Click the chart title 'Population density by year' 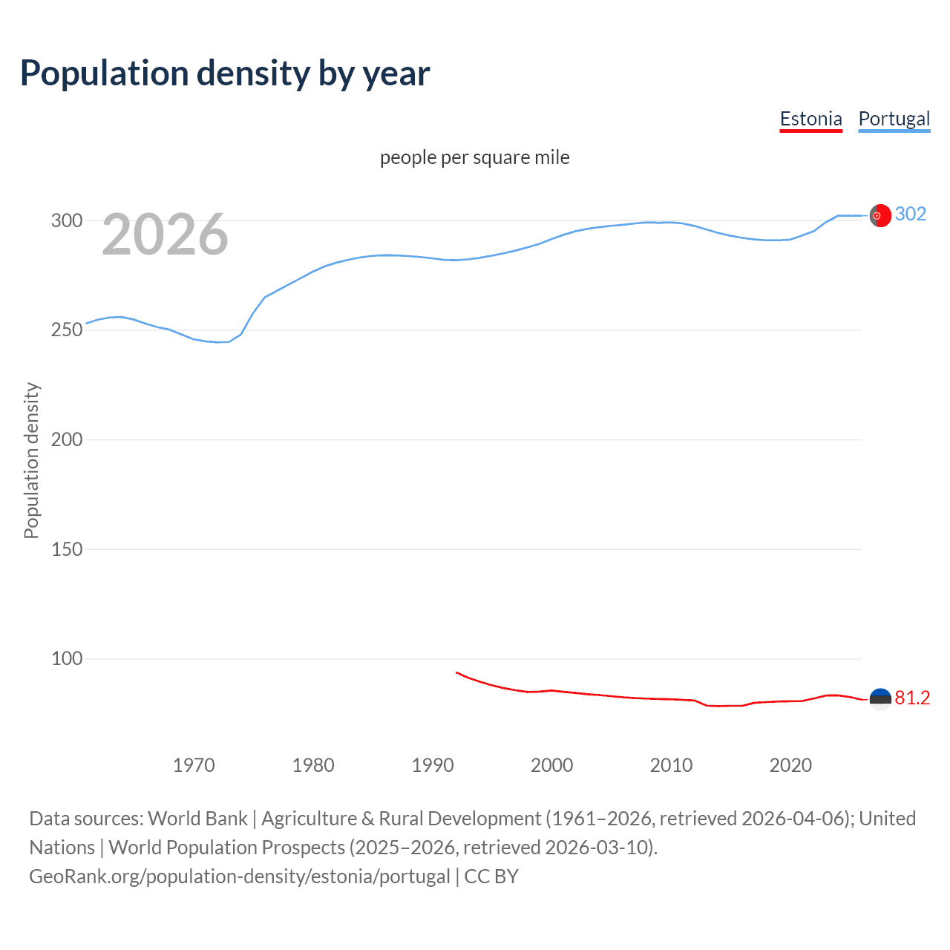coord(225,73)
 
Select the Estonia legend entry coord(810,119)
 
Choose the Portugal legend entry coord(894,119)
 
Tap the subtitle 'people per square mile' coord(474,157)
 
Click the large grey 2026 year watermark coord(165,235)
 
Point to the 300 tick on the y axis coord(67,220)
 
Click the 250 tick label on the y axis coord(67,330)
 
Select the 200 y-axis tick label coord(67,439)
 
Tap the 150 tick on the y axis coord(67,549)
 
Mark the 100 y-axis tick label coord(67,658)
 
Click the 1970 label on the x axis coord(194,765)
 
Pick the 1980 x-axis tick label coord(313,765)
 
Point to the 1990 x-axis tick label coord(433,765)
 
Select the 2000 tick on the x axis coord(551,765)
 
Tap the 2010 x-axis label coord(671,765)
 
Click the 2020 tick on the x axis coord(790,765)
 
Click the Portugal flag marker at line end coord(880,215)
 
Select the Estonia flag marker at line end coord(880,699)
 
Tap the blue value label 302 coord(911,214)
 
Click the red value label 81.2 coord(912,698)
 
